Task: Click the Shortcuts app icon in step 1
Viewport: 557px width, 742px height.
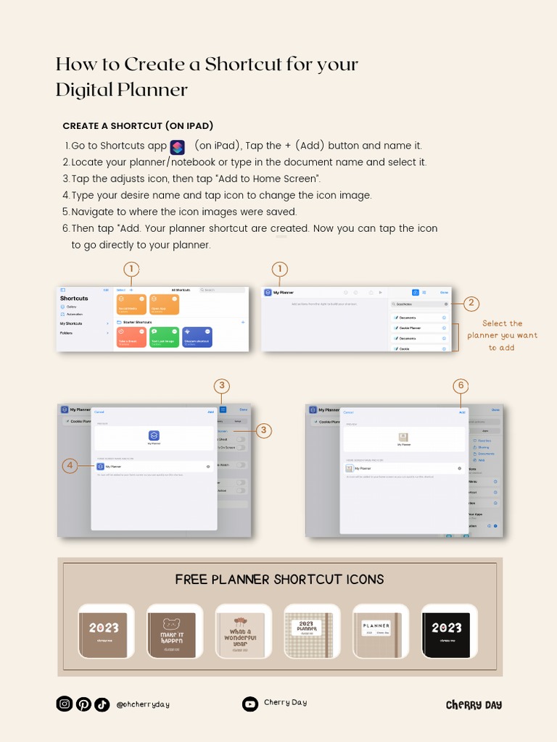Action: [x=178, y=147]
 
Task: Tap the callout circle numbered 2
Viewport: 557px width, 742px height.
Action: [x=471, y=303]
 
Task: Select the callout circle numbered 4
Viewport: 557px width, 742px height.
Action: [x=70, y=466]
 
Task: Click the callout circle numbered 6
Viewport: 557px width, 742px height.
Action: [x=460, y=385]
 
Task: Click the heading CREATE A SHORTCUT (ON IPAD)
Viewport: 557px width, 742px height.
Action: [x=138, y=125]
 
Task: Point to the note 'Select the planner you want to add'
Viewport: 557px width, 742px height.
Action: [x=502, y=335]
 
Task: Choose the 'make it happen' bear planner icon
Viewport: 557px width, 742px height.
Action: [x=172, y=631]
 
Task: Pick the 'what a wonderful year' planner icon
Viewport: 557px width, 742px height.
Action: [x=241, y=631]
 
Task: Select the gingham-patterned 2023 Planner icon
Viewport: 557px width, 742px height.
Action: [x=308, y=631]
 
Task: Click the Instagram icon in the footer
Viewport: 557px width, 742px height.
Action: [x=65, y=704]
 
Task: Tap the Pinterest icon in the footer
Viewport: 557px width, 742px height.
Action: [x=83, y=704]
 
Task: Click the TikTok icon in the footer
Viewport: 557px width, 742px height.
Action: [x=102, y=704]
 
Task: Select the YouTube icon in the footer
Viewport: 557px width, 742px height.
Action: [x=249, y=704]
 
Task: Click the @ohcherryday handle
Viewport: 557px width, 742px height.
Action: [x=143, y=704]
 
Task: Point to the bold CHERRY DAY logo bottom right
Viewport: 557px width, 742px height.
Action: [x=474, y=705]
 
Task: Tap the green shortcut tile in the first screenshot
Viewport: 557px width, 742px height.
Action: [x=165, y=337]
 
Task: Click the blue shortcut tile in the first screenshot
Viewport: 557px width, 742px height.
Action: [x=197, y=337]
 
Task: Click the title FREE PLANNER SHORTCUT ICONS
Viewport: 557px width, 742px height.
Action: [x=279, y=580]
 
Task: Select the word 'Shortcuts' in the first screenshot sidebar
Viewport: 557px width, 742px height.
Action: [x=74, y=299]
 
